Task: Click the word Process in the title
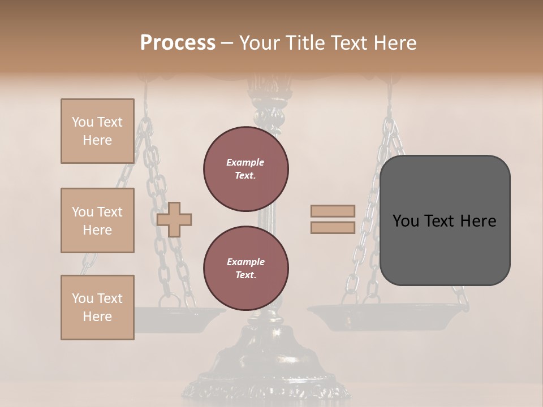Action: pyautogui.click(x=178, y=43)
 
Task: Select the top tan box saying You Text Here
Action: pyautogui.click(x=97, y=131)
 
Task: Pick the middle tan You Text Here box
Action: pyautogui.click(x=97, y=220)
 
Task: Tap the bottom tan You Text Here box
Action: pyautogui.click(x=97, y=308)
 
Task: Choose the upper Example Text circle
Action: pyautogui.click(x=245, y=169)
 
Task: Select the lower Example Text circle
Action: pyautogui.click(x=245, y=269)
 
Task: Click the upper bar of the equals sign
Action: pyautogui.click(x=333, y=211)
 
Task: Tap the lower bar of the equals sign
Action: pyautogui.click(x=333, y=227)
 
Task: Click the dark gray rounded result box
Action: pyautogui.click(x=445, y=220)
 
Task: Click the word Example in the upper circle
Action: pyautogui.click(x=245, y=162)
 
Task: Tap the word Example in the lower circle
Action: pyautogui.click(x=245, y=262)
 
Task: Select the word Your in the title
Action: pyautogui.click(x=257, y=43)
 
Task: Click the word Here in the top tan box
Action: pyautogui.click(x=97, y=140)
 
